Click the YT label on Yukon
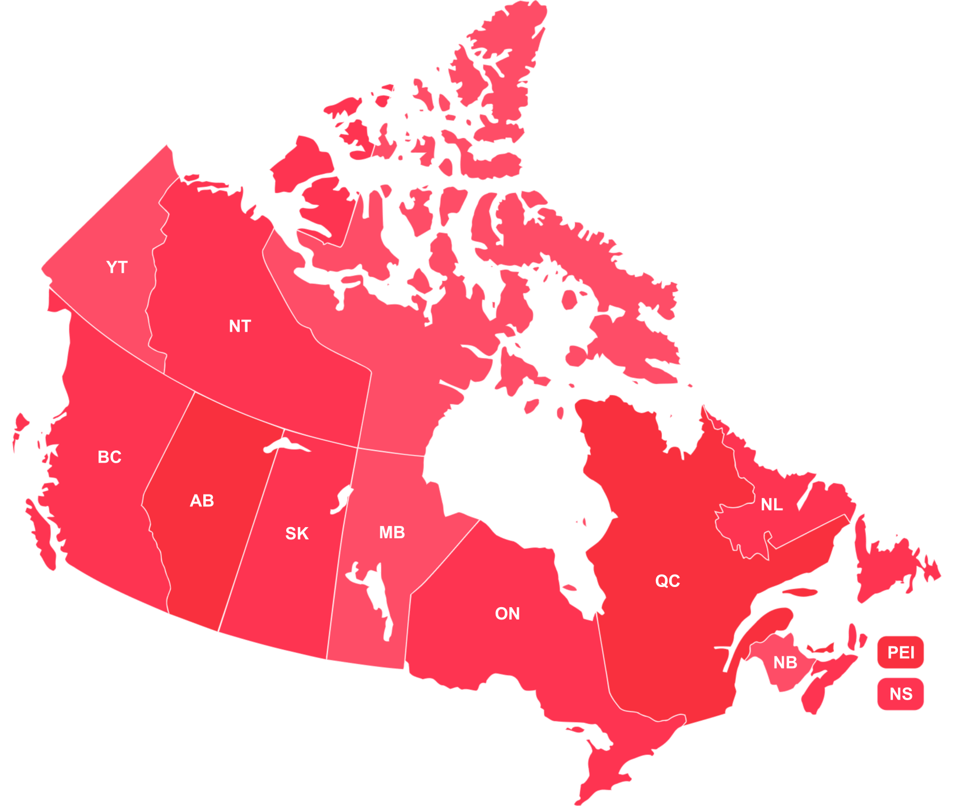click(x=117, y=267)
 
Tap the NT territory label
click(x=240, y=326)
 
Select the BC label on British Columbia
click(x=109, y=457)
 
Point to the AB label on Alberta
click(x=202, y=501)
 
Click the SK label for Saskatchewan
click(x=297, y=534)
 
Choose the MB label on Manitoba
click(x=392, y=533)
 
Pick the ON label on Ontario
click(x=507, y=614)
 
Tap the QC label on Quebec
click(x=668, y=581)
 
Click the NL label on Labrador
click(x=771, y=505)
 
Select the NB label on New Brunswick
click(x=785, y=663)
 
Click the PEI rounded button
click(x=901, y=653)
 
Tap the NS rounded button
click(x=901, y=694)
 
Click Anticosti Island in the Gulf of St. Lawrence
click(x=800, y=591)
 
